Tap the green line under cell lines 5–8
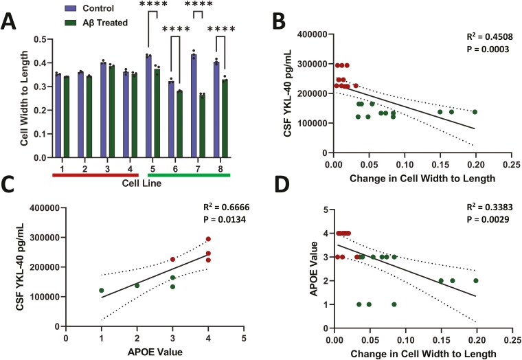point(188,175)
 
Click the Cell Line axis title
point(142,183)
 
